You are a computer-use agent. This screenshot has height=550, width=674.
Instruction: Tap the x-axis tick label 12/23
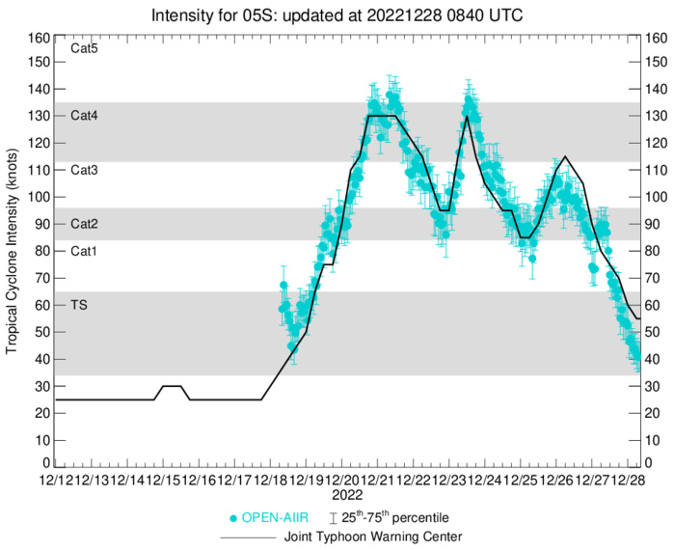pos(450,480)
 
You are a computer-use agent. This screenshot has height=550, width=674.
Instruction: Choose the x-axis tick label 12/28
pos(630,480)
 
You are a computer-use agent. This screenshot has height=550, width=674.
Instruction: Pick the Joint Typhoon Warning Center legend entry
pos(369,536)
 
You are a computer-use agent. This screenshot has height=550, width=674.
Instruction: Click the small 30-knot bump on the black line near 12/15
pos(171,386)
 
